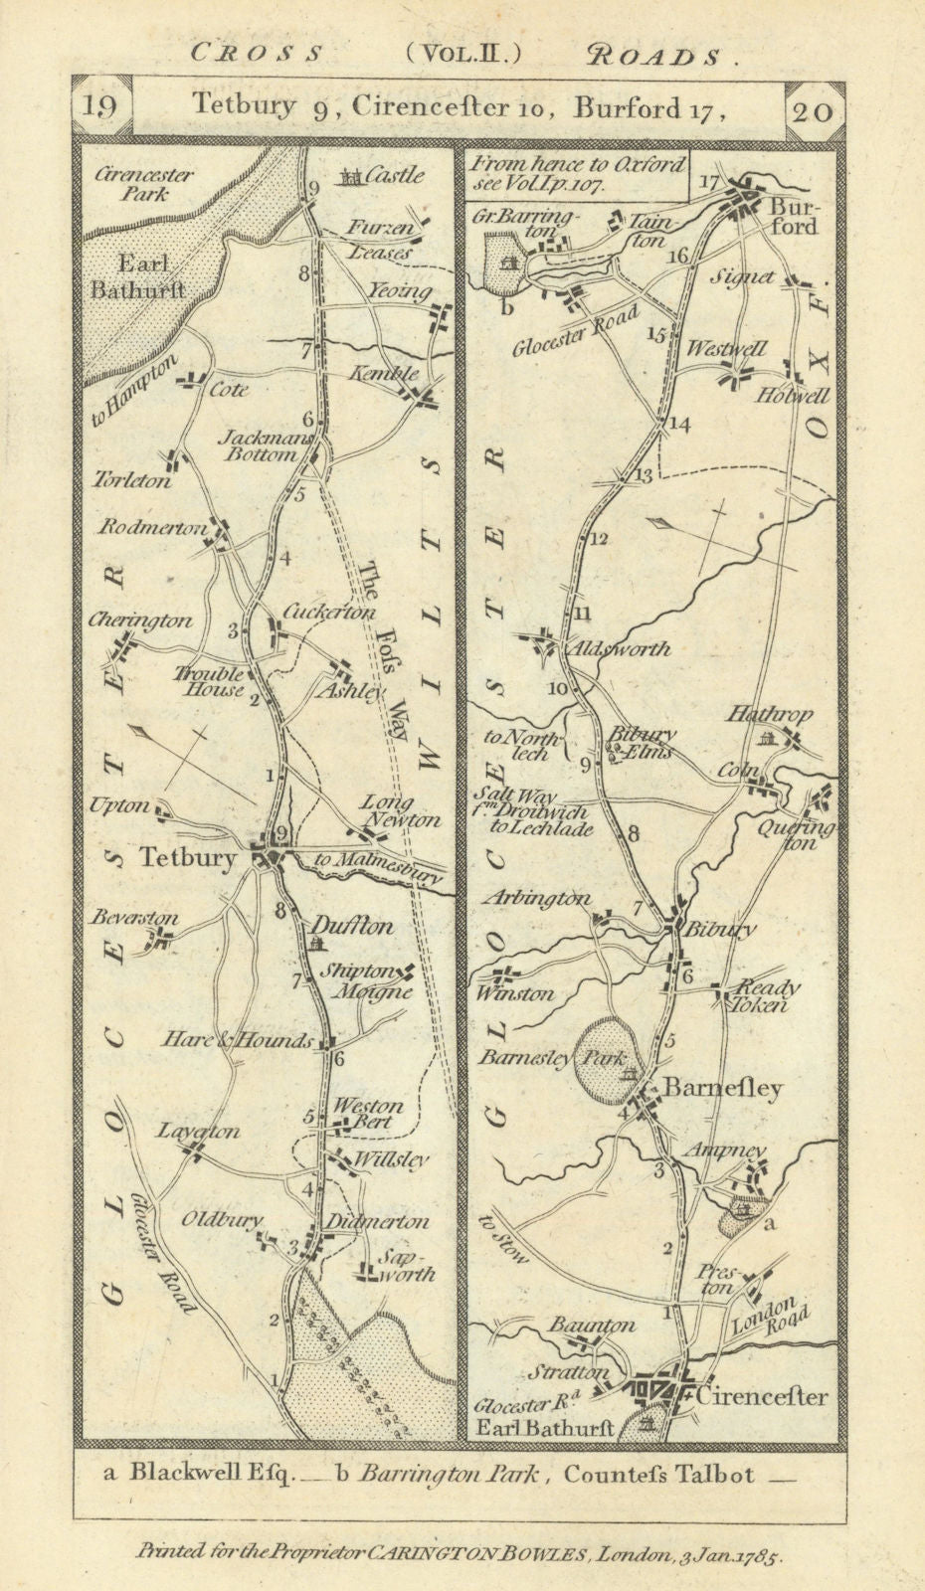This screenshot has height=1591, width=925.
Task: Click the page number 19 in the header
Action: (x=101, y=106)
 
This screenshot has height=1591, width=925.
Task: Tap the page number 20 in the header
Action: (x=815, y=108)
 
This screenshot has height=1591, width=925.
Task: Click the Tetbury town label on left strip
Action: (x=188, y=857)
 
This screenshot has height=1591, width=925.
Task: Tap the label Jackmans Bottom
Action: (x=270, y=445)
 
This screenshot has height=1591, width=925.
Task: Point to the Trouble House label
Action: (x=210, y=681)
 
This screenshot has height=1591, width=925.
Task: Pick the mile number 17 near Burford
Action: (x=707, y=182)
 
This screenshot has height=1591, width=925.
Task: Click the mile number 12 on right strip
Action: (x=597, y=540)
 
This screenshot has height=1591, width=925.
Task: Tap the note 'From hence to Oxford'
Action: (x=579, y=163)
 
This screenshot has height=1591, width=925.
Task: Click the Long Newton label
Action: (x=398, y=810)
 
